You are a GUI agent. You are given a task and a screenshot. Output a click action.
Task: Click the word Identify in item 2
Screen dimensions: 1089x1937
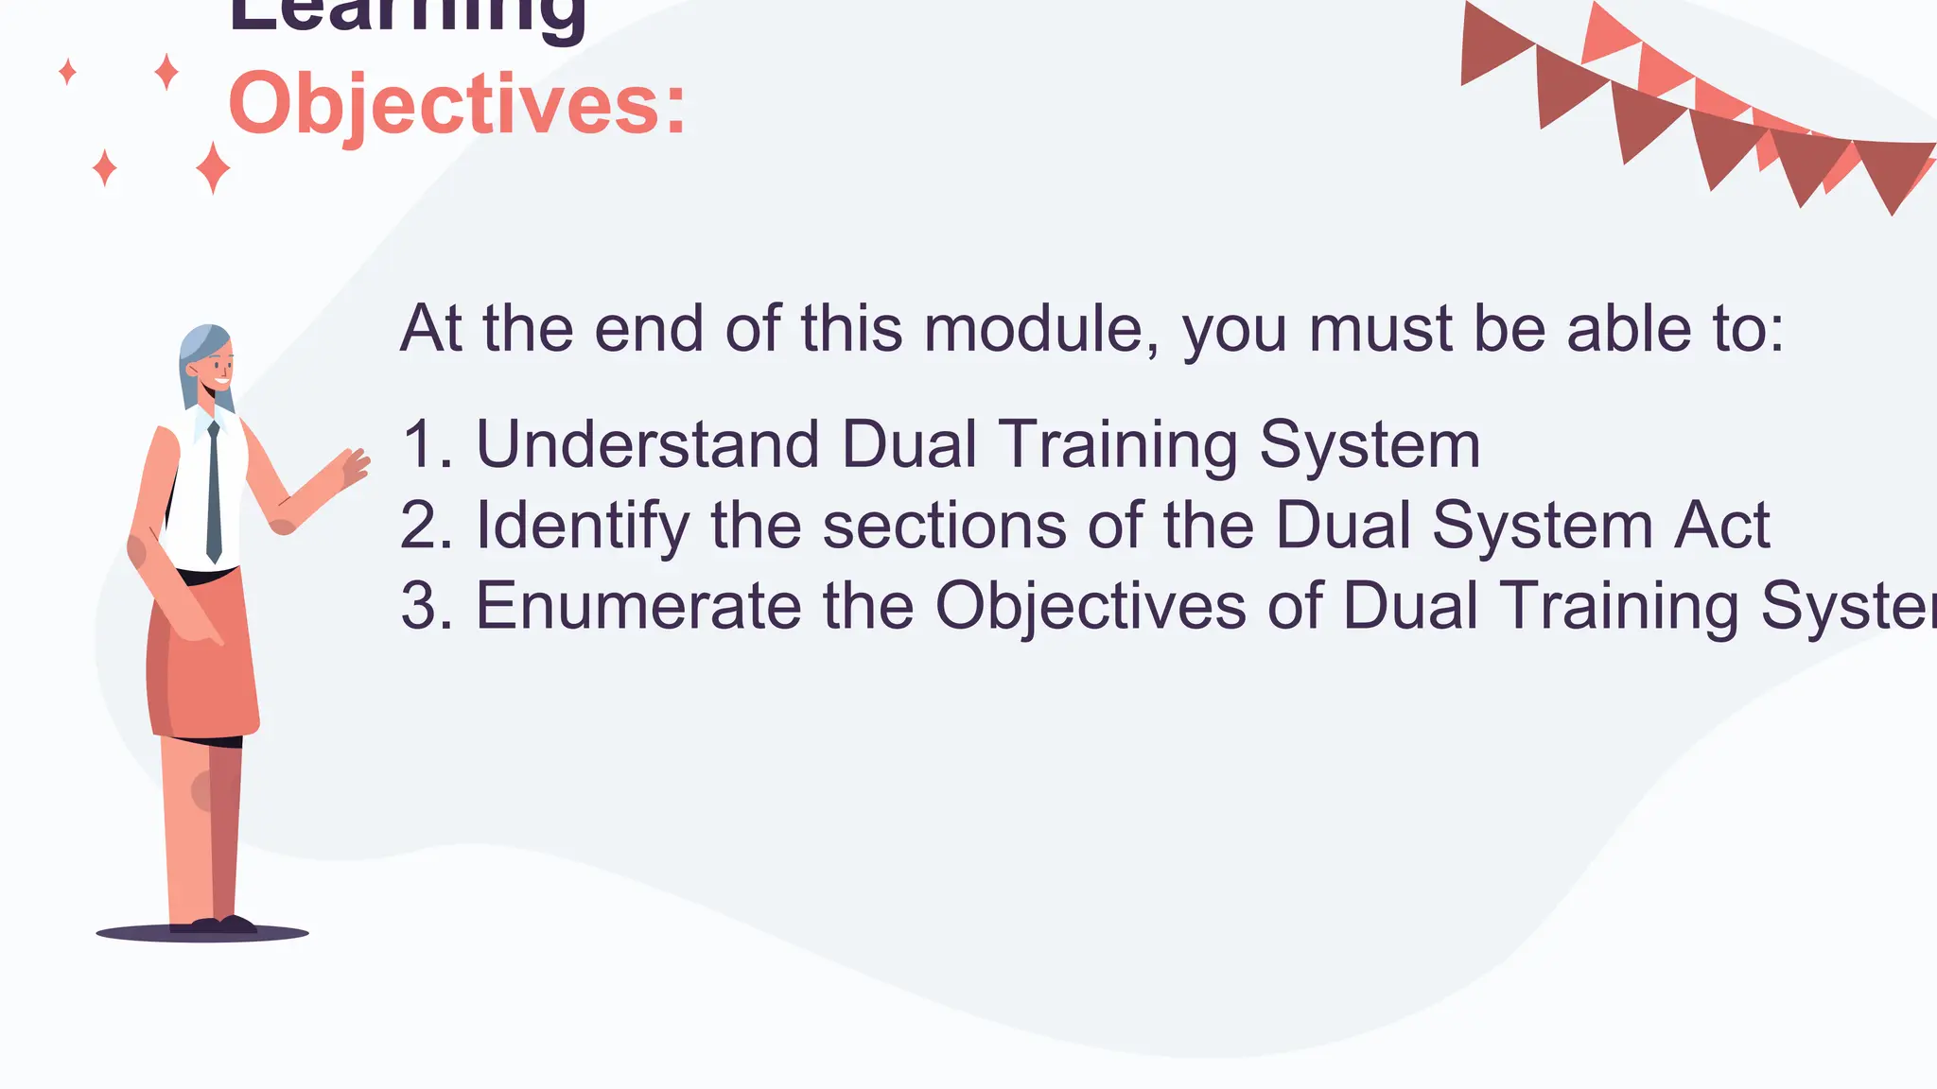pos(583,526)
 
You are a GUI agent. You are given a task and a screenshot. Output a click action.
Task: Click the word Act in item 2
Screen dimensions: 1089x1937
pos(1721,526)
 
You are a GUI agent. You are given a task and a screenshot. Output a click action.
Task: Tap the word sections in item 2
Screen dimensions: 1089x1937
pos(945,526)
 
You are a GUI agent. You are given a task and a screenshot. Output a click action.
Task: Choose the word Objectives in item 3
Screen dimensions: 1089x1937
pos(1091,606)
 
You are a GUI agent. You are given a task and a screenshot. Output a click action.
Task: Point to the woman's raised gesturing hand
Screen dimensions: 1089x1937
pos(353,467)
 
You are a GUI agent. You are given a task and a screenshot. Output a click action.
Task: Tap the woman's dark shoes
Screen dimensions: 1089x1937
pos(223,925)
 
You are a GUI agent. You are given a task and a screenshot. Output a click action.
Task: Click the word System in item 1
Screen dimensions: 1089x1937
pos(1370,444)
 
